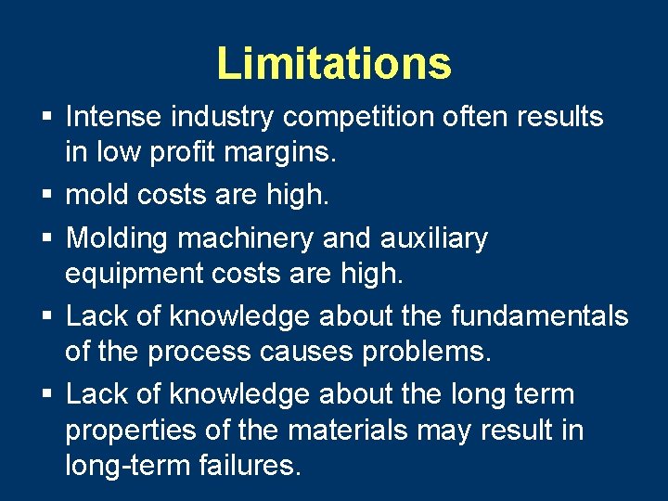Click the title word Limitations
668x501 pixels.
(x=334, y=63)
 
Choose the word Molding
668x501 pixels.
(x=117, y=238)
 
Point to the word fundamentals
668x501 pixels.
(x=540, y=316)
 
